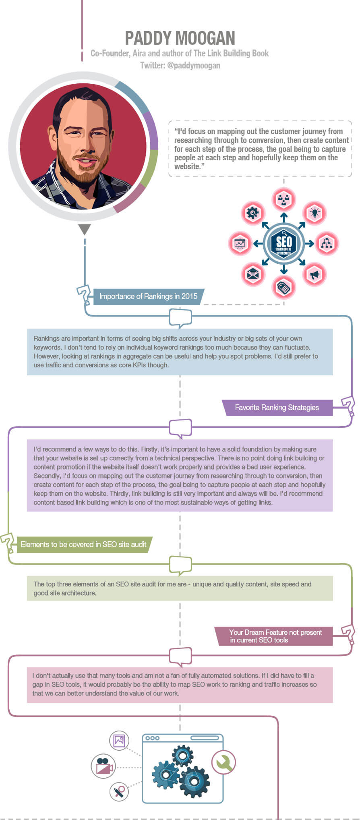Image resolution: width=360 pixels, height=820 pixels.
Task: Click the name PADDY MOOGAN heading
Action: (x=180, y=38)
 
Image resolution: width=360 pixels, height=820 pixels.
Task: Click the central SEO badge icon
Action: (x=284, y=243)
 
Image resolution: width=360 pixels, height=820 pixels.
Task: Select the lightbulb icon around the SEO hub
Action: (x=315, y=213)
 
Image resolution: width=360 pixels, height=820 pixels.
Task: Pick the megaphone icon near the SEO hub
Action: (x=314, y=275)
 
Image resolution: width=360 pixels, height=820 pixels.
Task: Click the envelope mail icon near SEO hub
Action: (x=253, y=275)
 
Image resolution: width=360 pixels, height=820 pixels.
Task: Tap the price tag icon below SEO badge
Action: (x=284, y=287)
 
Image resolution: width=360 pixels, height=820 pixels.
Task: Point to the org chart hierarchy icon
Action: (x=327, y=243)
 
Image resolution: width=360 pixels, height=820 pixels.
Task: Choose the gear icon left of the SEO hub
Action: (x=253, y=213)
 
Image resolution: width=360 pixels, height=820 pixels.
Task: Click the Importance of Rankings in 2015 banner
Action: (x=148, y=296)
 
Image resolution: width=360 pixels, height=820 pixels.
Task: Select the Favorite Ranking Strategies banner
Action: (x=277, y=408)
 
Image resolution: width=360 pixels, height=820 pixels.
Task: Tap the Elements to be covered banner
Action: (x=83, y=545)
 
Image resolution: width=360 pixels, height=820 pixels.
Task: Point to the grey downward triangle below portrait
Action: (x=85, y=229)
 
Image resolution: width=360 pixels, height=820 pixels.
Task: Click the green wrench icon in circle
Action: (x=223, y=762)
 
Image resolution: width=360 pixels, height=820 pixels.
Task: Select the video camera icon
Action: (x=103, y=766)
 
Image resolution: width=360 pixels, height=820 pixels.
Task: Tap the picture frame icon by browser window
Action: (x=119, y=740)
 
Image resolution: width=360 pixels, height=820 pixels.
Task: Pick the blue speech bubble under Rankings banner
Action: (x=180, y=318)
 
